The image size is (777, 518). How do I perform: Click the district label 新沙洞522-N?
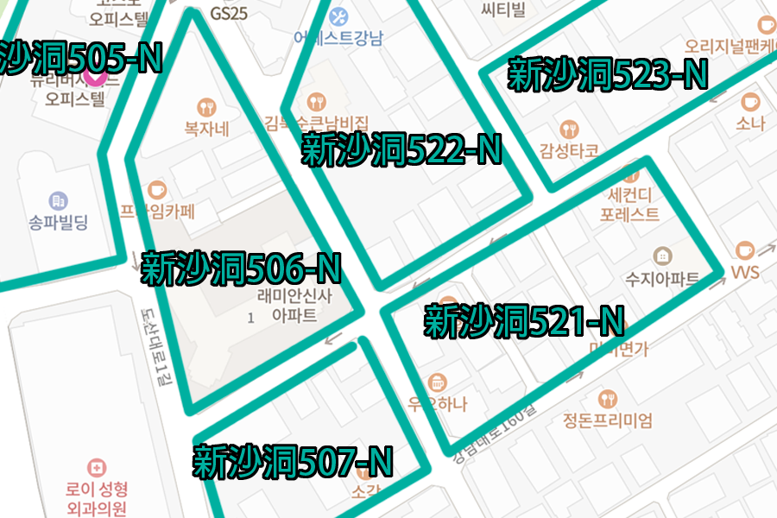tap(401, 150)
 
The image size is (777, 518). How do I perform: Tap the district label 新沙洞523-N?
tap(607, 75)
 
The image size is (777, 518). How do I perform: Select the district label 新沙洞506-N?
tap(241, 268)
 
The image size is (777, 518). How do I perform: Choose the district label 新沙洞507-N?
tap(292, 461)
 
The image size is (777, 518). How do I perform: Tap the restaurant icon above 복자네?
tap(206, 107)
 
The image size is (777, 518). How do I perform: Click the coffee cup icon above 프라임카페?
tap(157, 188)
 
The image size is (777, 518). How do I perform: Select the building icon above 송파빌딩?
tap(58, 201)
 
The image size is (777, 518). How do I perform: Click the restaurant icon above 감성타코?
tap(569, 129)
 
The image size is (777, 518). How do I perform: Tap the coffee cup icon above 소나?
tap(750, 101)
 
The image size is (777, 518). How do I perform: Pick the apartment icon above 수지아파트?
tap(661, 256)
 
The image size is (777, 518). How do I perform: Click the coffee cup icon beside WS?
tap(744, 251)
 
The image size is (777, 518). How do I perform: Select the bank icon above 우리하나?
tap(438, 382)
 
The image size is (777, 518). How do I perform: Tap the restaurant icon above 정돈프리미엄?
tap(608, 399)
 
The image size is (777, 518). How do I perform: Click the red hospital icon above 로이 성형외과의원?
tap(97, 467)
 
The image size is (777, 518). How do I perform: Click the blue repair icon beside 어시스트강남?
tap(339, 16)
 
